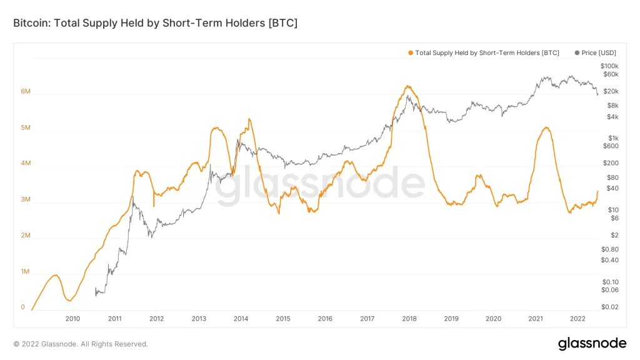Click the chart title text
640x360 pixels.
(x=155, y=23)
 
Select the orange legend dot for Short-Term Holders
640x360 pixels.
(x=411, y=52)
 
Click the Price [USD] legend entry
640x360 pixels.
(x=596, y=52)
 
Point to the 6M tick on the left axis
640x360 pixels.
(x=26, y=91)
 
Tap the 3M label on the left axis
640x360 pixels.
(x=26, y=199)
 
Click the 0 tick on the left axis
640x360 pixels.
(x=23, y=307)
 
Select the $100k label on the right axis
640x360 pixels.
(x=609, y=66)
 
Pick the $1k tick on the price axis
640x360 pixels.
(x=613, y=138)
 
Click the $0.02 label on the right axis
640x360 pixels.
(x=610, y=307)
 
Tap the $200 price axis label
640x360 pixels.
(x=611, y=163)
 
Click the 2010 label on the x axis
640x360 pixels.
(x=72, y=319)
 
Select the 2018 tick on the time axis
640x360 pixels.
(x=409, y=319)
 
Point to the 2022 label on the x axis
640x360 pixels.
(x=577, y=319)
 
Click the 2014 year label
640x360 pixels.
(x=241, y=319)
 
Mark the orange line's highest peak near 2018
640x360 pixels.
(x=407, y=86)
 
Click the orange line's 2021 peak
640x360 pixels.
(x=546, y=127)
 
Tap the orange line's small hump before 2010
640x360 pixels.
(x=56, y=276)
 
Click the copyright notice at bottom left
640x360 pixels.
(x=81, y=344)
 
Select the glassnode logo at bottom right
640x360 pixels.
(x=592, y=344)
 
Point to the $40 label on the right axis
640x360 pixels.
(x=612, y=189)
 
